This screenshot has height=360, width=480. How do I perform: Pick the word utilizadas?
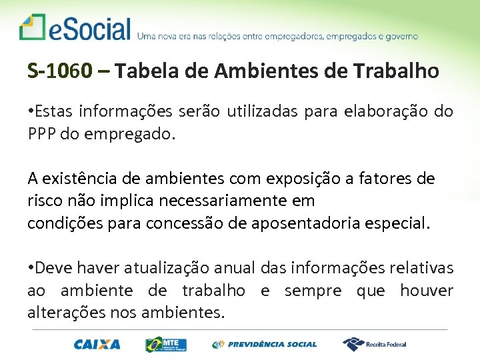(264, 111)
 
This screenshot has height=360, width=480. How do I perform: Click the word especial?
(398, 223)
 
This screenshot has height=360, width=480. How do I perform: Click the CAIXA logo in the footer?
(97, 344)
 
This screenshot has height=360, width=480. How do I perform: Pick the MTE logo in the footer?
(166, 344)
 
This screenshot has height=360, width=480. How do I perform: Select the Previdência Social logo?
(265, 344)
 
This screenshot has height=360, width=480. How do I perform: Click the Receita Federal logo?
(375, 344)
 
